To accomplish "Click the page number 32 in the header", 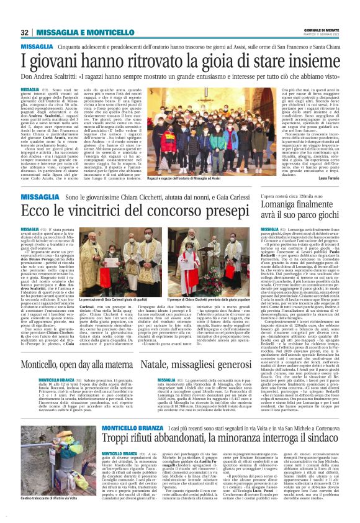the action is pyautogui.click(x=25, y=32).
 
